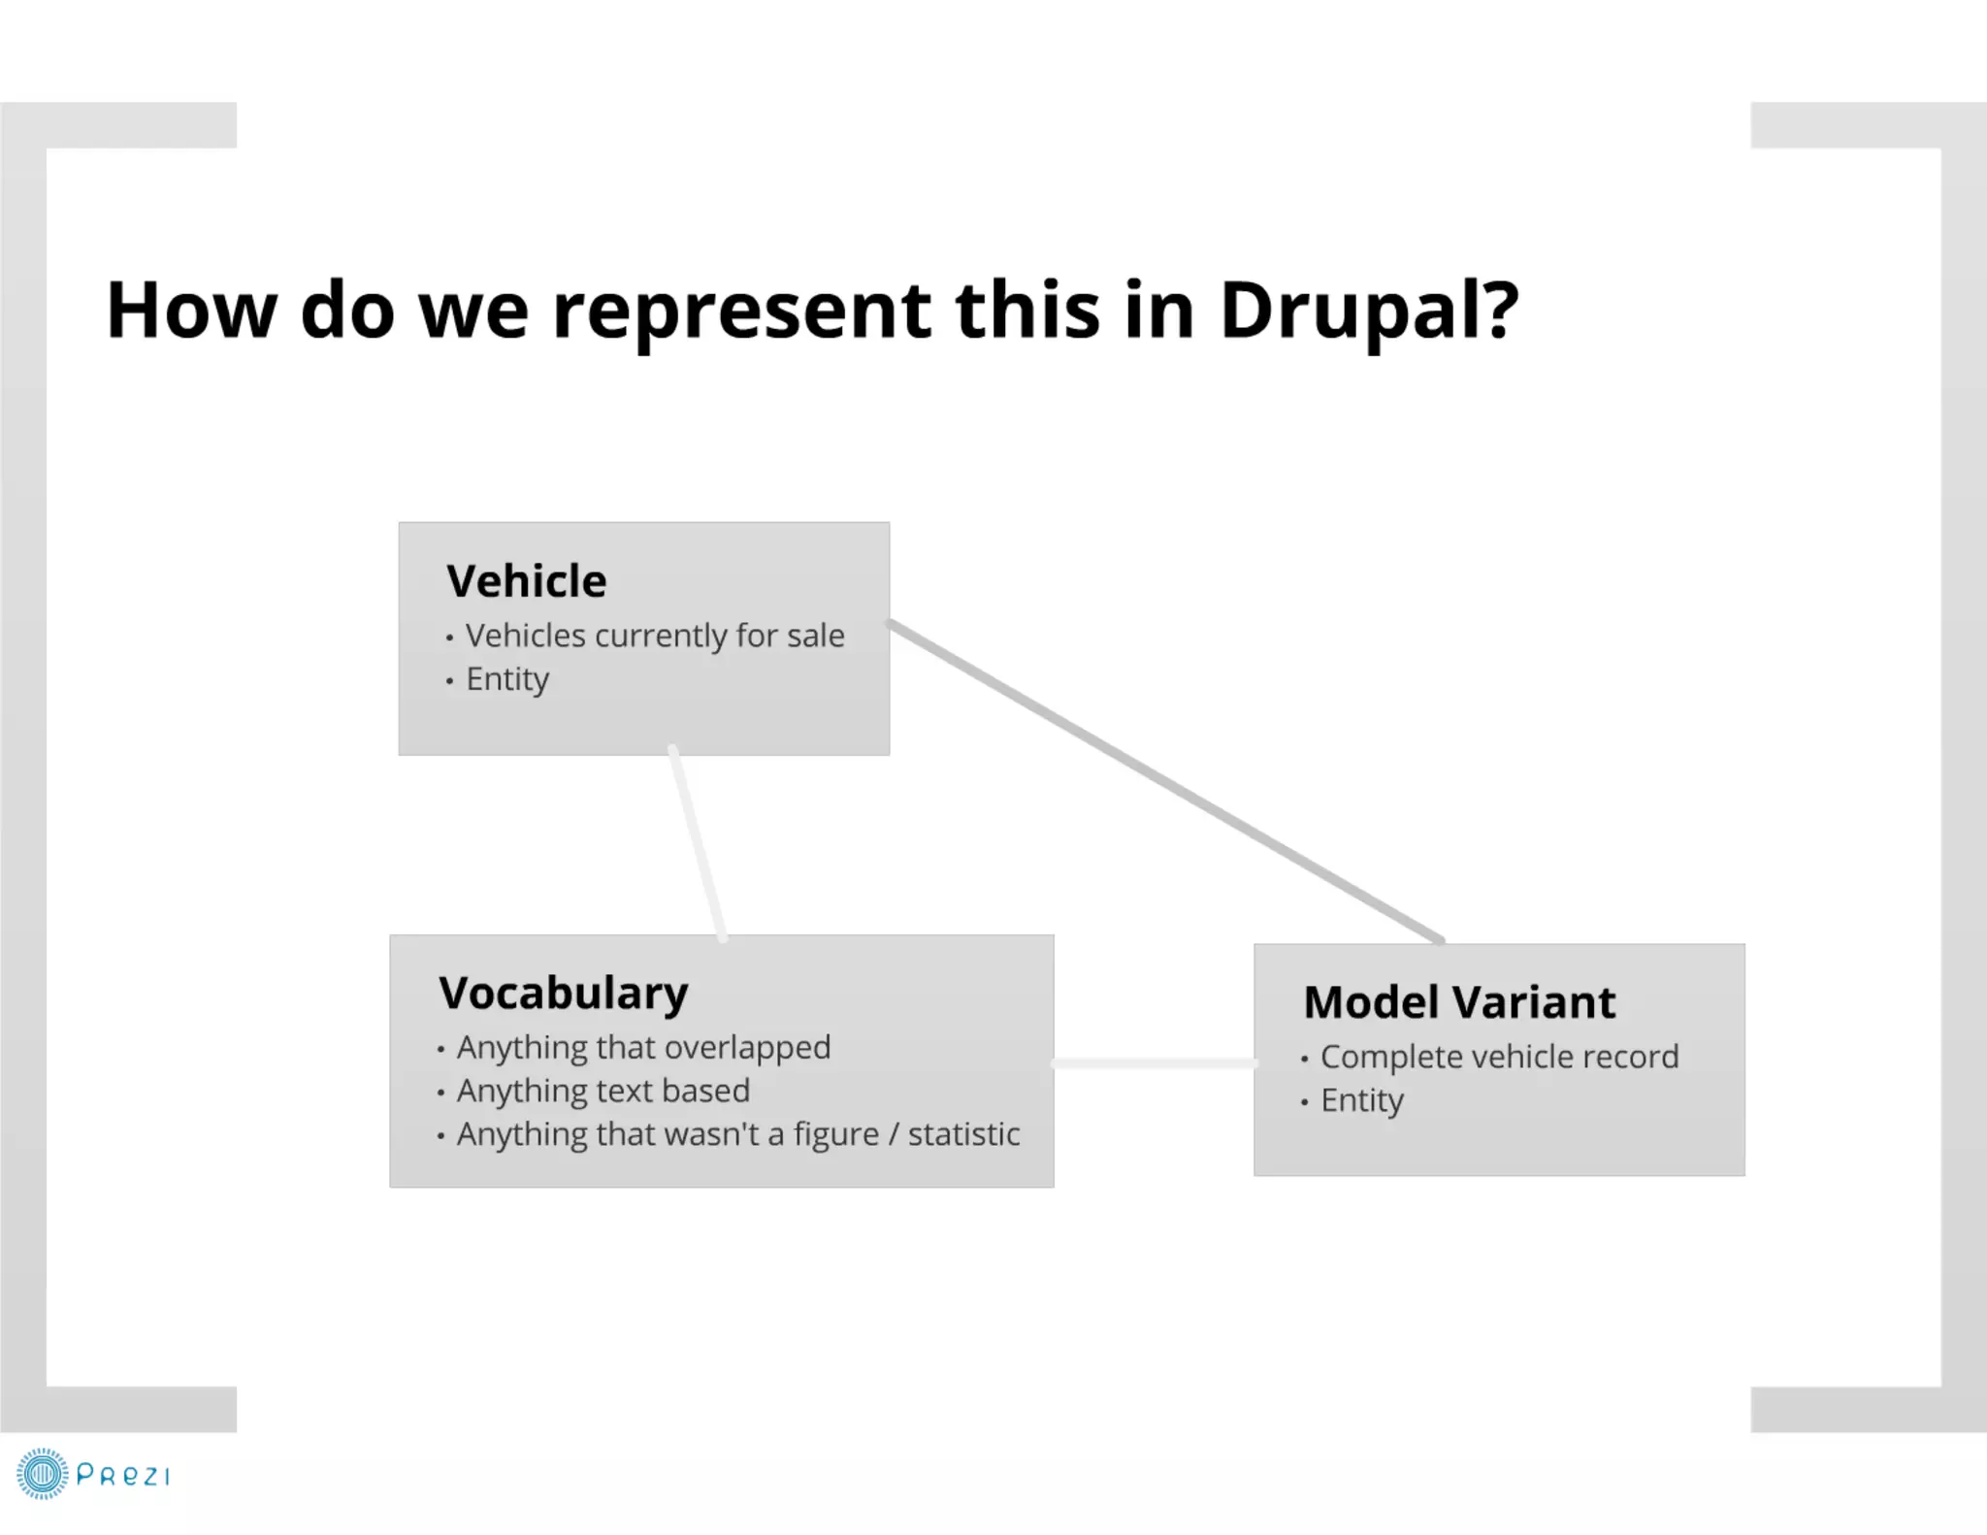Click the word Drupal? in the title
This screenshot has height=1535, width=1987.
pyautogui.click(x=1368, y=310)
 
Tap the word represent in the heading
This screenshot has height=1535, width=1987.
pyautogui.click(x=741, y=310)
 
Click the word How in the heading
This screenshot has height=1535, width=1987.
pyautogui.click(x=191, y=310)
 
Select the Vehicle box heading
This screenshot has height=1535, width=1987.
pyautogui.click(x=526, y=581)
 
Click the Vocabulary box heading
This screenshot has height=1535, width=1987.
pyautogui.click(x=563, y=993)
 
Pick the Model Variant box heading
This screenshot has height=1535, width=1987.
pyautogui.click(x=1458, y=1002)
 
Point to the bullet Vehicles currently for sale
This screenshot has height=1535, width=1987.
pyautogui.click(x=654, y=636)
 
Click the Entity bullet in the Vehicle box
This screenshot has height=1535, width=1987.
pyautogui.click(x=506, y=679)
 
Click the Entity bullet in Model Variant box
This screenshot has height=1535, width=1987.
pyautogui.click(x=1361, y=1100)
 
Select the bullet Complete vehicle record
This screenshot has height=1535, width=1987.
pyautogui.click(x=1498, y=1057)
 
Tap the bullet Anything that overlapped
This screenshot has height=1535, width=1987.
pyautogui.click(x=643, y=1048)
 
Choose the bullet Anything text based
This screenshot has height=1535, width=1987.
pyautogui.click(x=603, y=1091)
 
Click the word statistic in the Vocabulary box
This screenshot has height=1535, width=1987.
pyautogui.click(x=963, y=1134)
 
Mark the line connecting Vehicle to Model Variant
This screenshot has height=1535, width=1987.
pyautogui.click(x=1164, y=781)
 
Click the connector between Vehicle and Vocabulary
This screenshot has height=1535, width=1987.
pyautogui.click(x=697, y=842)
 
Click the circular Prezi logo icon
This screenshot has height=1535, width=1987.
pyautogui.click(x=42, y=1475)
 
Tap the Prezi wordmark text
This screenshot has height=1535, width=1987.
pyautogui.click(x=122, y=1476)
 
